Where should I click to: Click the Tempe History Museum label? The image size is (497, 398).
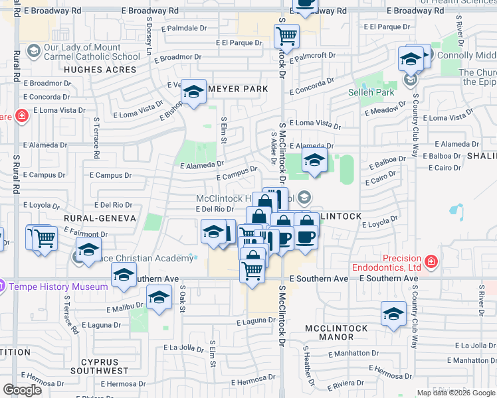click(x=58, y=287)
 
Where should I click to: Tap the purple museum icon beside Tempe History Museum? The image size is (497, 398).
click(x=3, y=287)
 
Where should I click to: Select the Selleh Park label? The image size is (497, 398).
click(x=371, y=92)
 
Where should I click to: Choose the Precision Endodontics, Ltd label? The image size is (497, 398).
click(x=401, y=263)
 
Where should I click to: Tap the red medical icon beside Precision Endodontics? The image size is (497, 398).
click(x=431, y=262)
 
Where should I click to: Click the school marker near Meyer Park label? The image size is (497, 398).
click(x=194, y=93)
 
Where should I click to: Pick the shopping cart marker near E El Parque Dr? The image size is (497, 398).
click(x=286, y=35)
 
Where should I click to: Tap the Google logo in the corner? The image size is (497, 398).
click(x=22, y=390)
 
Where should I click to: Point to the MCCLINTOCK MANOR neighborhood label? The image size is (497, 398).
click(x=333, y=329)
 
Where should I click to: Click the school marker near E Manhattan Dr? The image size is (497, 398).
click(x=393, y=315)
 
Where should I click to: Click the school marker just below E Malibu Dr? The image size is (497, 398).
click(x=159, y=298)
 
